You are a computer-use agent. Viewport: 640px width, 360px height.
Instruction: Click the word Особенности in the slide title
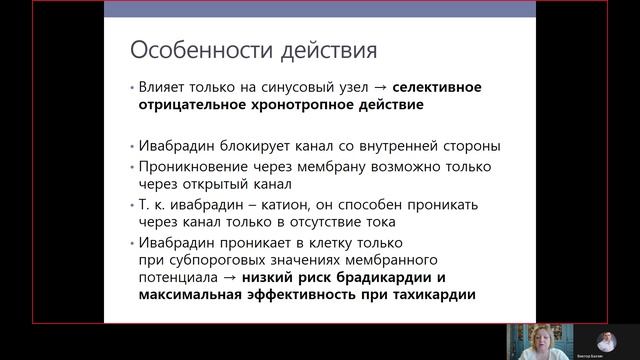tap(177, 49)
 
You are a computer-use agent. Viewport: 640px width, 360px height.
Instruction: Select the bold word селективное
tap(435, 87)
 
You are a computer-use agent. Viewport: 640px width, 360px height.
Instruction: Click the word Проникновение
tap(190, 166)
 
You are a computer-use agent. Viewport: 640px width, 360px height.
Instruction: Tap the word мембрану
tap(324, 166)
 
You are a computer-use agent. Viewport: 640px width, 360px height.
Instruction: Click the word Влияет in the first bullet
tap(164, 87)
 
